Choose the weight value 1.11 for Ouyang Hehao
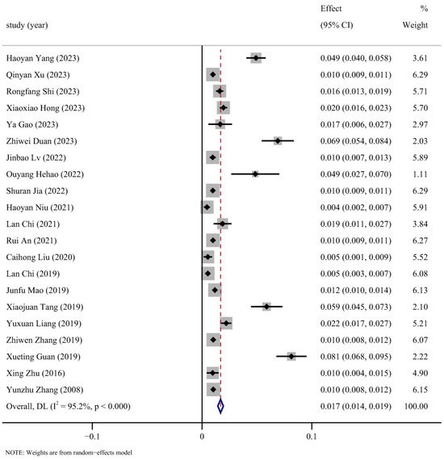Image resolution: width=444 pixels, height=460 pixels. [x=417, y=174]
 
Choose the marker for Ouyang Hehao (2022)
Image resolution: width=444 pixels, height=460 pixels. [x=254, y=174]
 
